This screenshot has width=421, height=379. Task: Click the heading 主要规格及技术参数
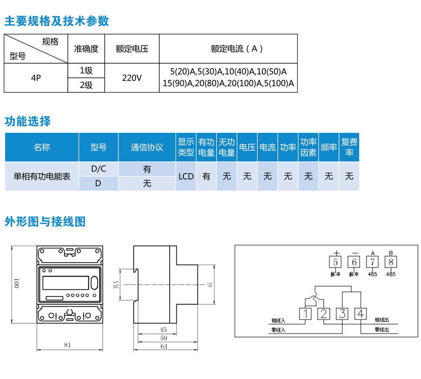[x=57, y=21]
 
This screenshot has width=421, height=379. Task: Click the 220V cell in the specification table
[x=132, y=78]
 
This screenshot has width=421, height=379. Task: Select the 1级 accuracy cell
[x=86, y=71]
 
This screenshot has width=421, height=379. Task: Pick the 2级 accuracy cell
[x=86, y=85]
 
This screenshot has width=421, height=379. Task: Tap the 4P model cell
[x=36, y=78]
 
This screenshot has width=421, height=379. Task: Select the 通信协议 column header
[x=147, y=147]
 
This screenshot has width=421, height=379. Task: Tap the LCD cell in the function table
[x=186, y=176]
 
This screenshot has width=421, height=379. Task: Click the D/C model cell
[x=99, y=169]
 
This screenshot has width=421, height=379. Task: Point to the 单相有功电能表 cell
[x=42, y=176]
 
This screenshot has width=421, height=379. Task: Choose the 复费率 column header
[x=349, y=147]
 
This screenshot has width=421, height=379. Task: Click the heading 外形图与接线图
[x=45, y=222]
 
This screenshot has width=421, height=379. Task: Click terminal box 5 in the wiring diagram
[x=336, y=262]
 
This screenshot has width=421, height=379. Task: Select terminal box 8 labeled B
[x=391, y=262]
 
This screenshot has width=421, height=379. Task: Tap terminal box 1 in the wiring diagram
[x=305, y=314]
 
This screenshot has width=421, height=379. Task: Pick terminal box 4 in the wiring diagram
[x=361, y=314]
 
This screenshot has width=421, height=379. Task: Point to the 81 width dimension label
[x=67, y=344]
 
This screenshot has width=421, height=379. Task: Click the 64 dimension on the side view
[x=164, y=347]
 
